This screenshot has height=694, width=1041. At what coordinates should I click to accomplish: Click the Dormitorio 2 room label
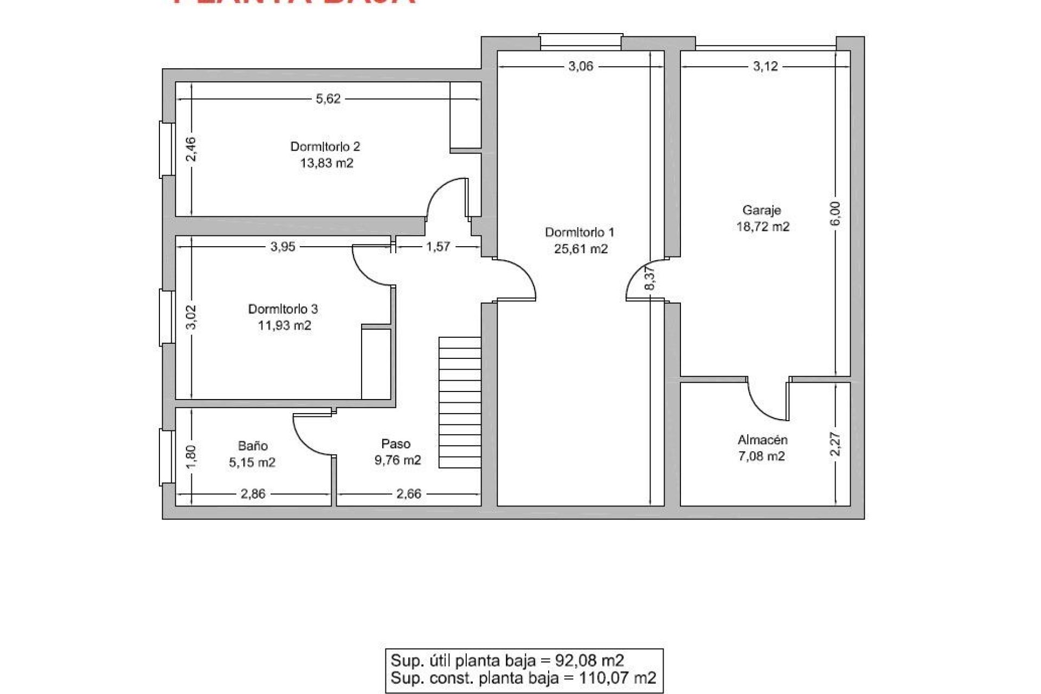coord(325,146)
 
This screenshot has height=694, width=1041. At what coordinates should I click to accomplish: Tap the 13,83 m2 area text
coord(326,163)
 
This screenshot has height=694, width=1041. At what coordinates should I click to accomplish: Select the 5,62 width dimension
coord(328,99)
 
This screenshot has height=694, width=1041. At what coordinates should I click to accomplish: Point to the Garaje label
coord(761,210)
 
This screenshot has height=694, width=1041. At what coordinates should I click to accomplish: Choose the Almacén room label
coord(762,440)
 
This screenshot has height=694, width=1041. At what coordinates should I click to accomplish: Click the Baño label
coord(253,446)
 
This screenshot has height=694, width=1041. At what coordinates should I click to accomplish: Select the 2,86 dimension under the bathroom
coord(253,494)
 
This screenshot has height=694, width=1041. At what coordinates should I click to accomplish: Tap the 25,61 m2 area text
coord(581,249)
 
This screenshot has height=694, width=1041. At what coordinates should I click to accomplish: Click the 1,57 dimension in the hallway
coord(438,247)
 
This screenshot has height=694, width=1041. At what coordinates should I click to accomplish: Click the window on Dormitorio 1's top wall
coord(580,42)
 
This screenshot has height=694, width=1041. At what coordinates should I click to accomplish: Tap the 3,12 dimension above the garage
coord(765,66)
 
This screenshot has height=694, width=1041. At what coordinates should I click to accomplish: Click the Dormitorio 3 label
coord(283,309)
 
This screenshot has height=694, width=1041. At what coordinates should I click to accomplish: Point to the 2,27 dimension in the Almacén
coord(836,444)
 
